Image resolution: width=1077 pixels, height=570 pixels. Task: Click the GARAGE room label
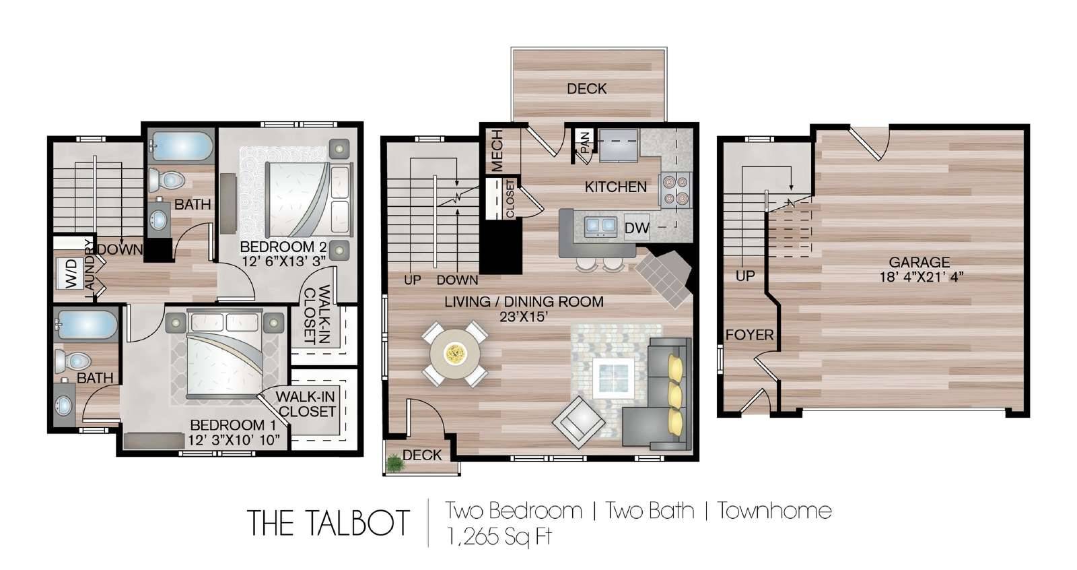(919, 262)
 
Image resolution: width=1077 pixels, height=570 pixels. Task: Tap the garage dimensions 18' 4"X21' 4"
(922, 278)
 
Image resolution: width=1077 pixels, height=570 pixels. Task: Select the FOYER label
(750, 335)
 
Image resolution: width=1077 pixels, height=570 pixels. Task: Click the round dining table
(455, 354)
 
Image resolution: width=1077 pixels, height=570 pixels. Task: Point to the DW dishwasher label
(637, 228)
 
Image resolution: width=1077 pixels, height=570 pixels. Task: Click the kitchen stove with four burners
(676, 190)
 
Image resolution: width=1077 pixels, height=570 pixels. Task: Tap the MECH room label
(497, 150)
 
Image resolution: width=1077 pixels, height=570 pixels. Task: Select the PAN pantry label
(585, 143)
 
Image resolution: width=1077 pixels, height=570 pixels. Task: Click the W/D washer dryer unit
(71, 274)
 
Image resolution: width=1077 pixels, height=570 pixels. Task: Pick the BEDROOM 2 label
(283, 247)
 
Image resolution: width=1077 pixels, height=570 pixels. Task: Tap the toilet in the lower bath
(73, 360)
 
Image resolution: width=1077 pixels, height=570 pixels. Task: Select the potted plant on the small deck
(395, 463)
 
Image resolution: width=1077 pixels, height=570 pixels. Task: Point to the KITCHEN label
(615, 187)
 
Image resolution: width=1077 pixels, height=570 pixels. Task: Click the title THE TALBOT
(328, 524)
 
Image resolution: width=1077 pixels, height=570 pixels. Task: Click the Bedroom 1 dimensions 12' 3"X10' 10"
(234, 440)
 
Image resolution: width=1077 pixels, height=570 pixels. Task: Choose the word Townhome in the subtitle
(774, 511)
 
